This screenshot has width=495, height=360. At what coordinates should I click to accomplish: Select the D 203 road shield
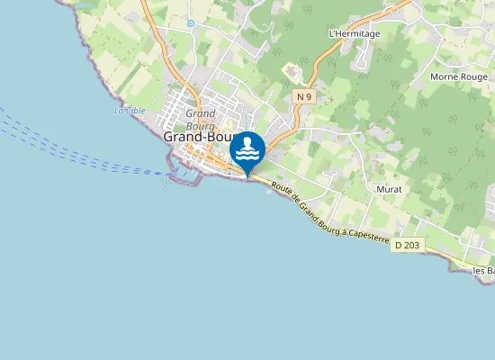407,245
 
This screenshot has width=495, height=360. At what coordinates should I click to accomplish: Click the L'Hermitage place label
355,34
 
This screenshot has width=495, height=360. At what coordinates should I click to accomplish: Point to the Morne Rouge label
457,76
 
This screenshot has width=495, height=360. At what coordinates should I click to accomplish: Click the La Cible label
130,111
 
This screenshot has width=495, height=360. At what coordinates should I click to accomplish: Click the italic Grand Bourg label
200,119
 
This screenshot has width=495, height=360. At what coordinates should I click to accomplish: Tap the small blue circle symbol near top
190,23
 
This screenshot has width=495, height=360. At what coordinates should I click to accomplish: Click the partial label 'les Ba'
483,270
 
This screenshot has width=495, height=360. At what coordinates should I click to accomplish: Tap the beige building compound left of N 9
292,70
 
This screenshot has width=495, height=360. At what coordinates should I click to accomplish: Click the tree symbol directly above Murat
388,170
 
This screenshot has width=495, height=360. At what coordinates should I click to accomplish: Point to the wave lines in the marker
247,157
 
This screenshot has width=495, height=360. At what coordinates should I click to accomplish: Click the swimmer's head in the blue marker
247,142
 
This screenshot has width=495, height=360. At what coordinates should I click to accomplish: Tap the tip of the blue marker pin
247,175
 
